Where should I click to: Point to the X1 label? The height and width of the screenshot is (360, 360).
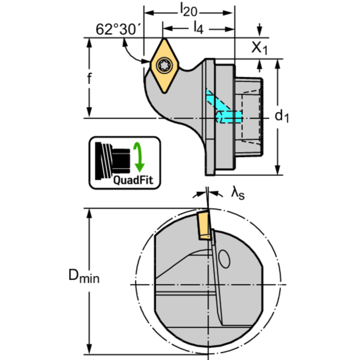click(x=259, y=47)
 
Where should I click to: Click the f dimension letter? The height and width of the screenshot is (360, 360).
click(x=89, y=79)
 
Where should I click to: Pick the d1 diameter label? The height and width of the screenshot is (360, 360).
click(x=282, y=116)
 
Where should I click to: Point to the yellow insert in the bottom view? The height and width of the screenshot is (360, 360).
click(x=204, y=225)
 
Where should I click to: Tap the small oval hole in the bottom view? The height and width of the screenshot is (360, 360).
click(x=224, y=259)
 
